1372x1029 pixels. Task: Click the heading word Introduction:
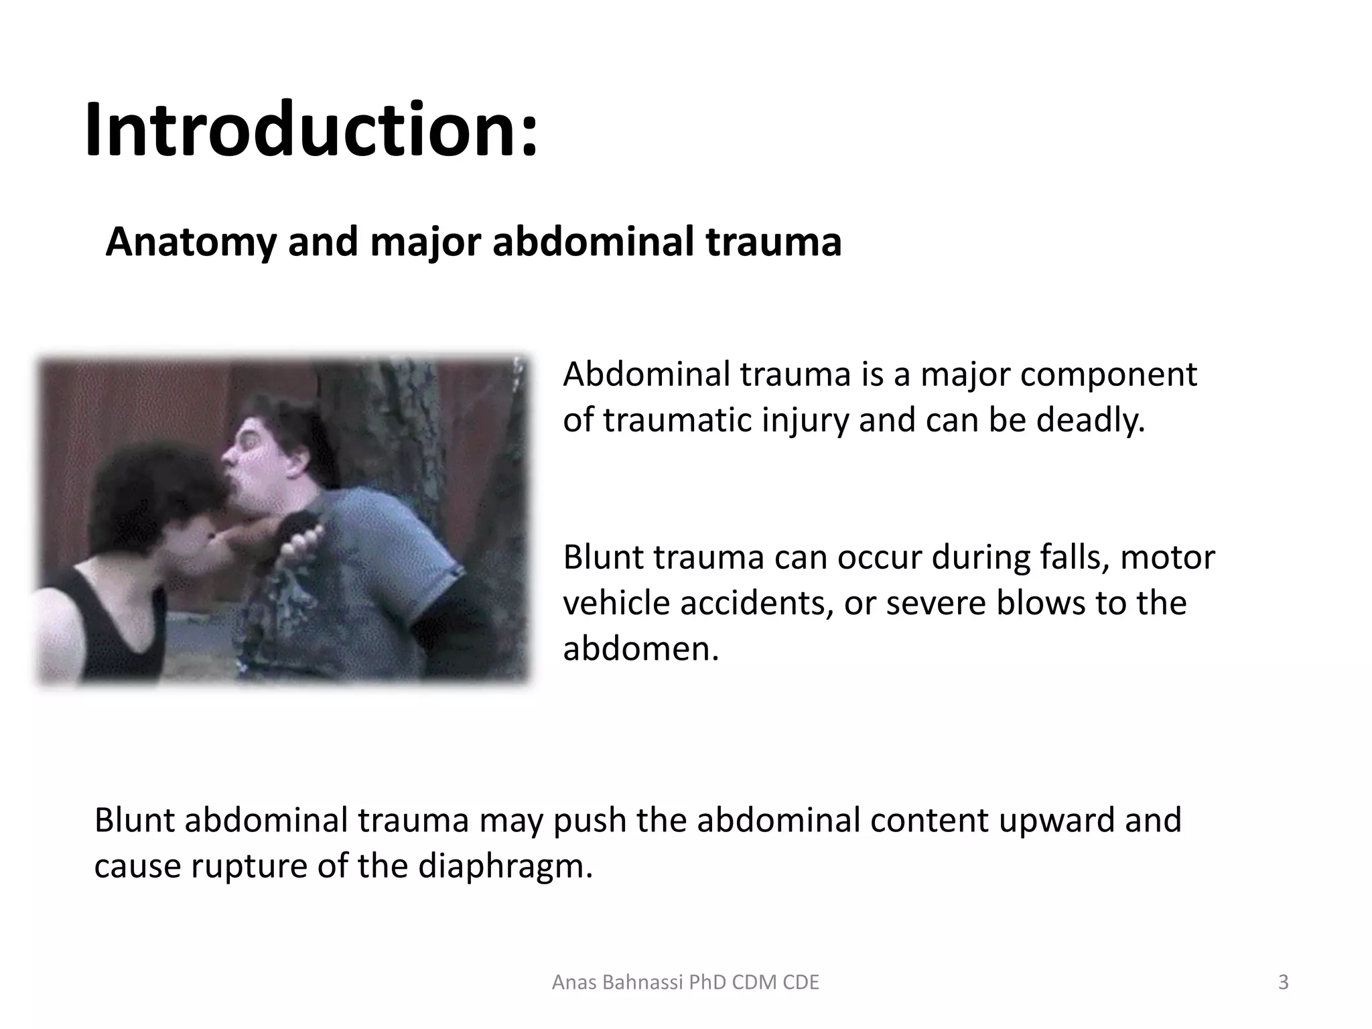312,129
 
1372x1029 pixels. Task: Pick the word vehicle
616,602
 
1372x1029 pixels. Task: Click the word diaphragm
505,866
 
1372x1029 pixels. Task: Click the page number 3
1283,982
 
